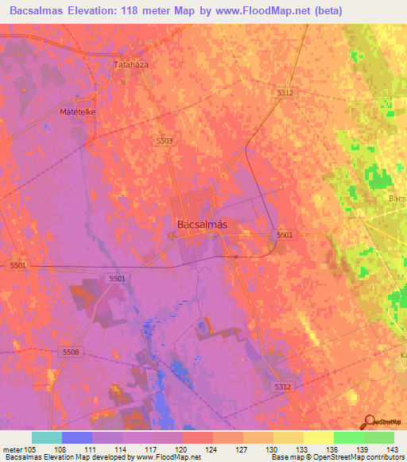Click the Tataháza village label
(132, 64)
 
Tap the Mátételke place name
(78, 112)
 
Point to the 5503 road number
(164, 141)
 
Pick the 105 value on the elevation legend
(31, 449)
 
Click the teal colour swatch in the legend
(47, 437)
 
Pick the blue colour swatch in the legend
(77, 437)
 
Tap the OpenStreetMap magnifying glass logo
(369, 422)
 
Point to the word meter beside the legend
(12, 449)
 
